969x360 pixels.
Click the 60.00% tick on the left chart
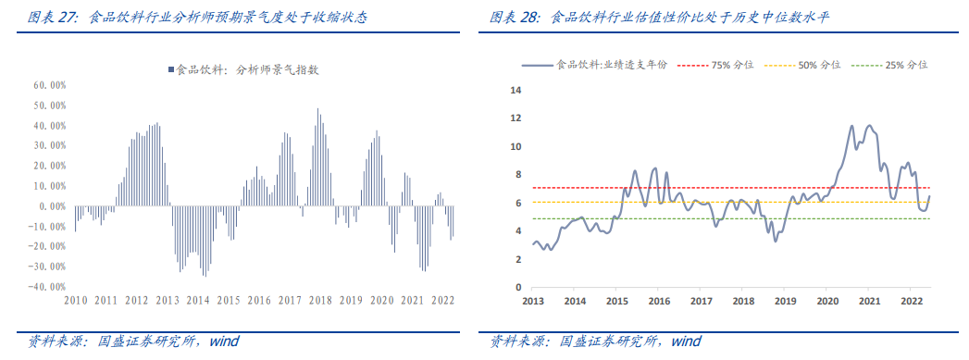point(48,84)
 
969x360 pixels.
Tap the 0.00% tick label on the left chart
point(50,206)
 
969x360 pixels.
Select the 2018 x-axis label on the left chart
point(321,300)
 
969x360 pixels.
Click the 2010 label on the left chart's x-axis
point(76,300)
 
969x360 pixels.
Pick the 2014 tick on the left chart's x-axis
point(198,300)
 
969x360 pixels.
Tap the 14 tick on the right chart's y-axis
point(517,91)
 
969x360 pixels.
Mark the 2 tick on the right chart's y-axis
point(517,259)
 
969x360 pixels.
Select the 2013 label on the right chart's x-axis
point(533,301)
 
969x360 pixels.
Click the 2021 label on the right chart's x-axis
point(869,301)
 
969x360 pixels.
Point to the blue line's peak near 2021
point(869,125)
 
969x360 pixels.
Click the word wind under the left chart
point(224,341)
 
